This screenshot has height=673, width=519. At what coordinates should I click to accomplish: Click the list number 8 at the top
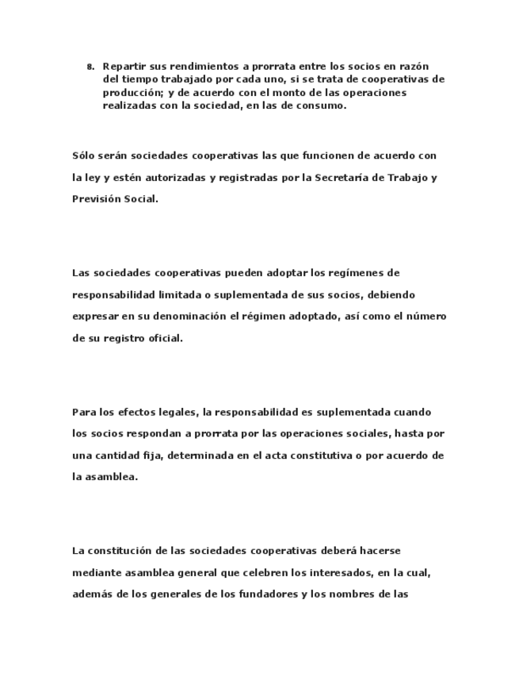click(x=90, y=67)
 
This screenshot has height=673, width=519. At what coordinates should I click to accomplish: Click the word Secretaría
click(x=343, y=178)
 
